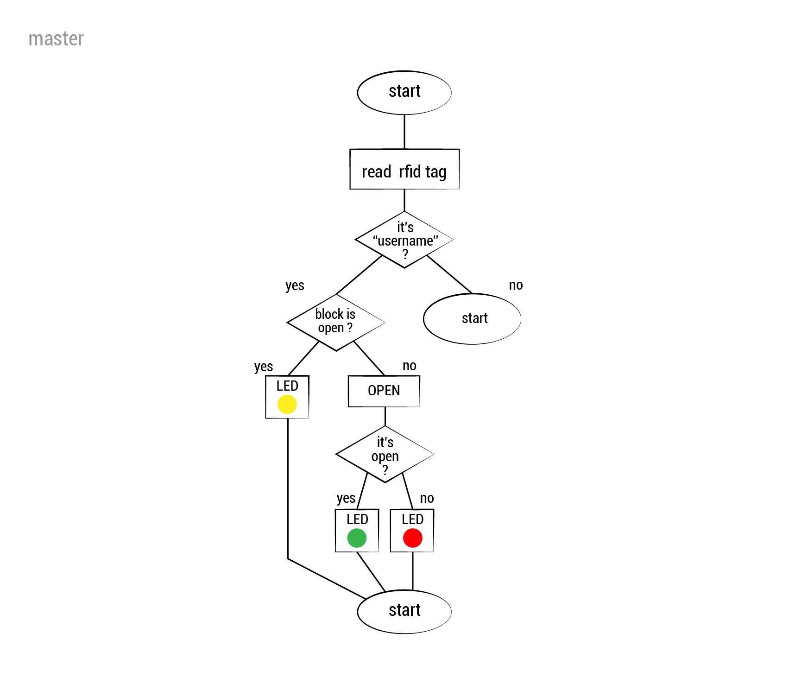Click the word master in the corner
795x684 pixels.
click(56, 39)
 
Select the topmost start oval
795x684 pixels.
click(404, 92)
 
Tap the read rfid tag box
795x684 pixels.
click(404, 170)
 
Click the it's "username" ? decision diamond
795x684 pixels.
click(404, 240)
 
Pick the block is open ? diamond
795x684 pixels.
click(335, 322)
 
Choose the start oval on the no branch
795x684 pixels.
click(472, 318)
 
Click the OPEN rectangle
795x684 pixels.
click(384, 391)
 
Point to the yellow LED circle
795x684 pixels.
click(287, 404)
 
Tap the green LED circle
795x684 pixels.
click(357, 538)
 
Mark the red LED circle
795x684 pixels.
click(412, 538)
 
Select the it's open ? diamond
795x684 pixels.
click(385, 455)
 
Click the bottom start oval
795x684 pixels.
click(404, 611)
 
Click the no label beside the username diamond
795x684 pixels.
click(516, 285)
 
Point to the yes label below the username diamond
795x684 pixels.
click(295, 285)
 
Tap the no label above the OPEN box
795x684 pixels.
click(409, 366)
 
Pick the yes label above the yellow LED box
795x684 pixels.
click(264, 367)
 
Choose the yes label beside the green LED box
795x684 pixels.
click(346, 499)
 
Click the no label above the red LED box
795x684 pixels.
click(427, 499)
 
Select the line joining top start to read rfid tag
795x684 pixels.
click(404, 132)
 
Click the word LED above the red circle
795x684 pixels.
click(412, 519)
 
